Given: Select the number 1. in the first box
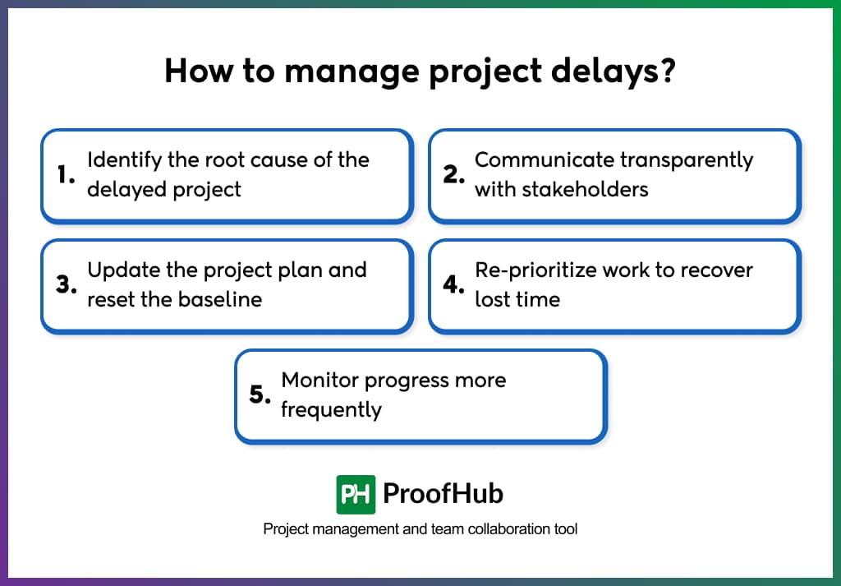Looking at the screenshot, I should [66, 174].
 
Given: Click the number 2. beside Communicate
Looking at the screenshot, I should [454, 174].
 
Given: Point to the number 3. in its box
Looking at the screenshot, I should [66, 284].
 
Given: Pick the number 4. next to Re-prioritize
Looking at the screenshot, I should [454, 284].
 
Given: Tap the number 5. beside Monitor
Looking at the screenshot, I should [260, 395].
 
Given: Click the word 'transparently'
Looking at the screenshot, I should [686, 159].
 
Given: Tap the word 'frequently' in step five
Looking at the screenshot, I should [331, 409].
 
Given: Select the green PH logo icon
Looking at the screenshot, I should [356, 494].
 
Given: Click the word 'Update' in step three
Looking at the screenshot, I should [117, 270].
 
